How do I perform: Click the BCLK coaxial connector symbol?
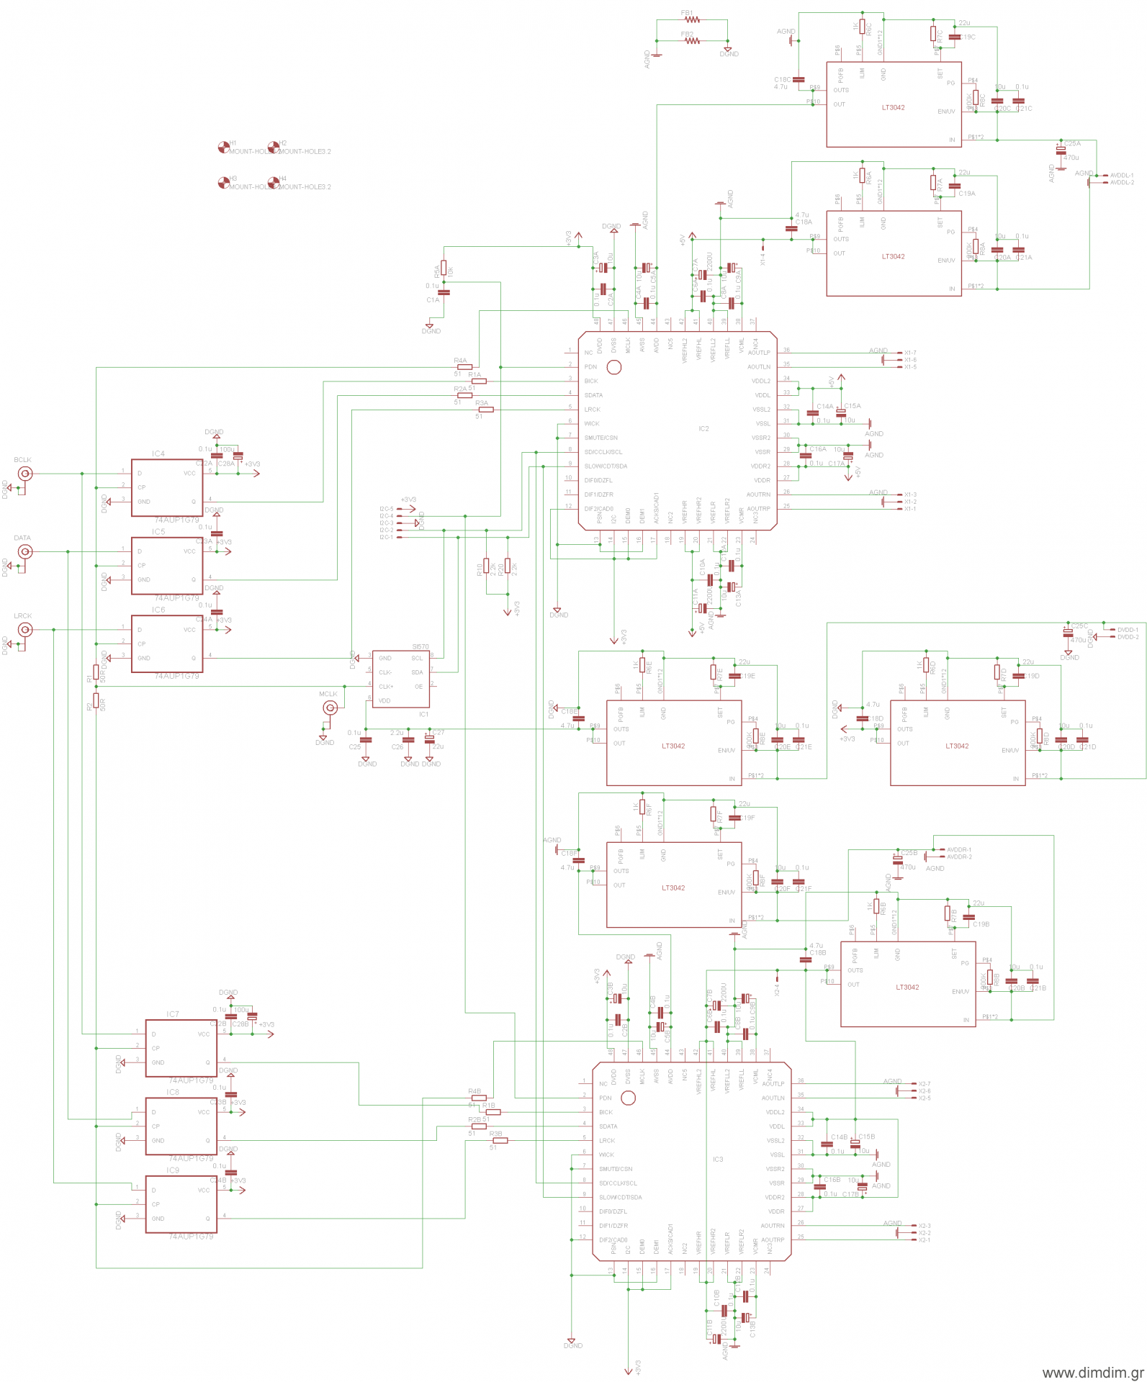pyautogui.click(x=24, y=474)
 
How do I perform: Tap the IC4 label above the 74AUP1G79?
pyautogui.click(x=158, y=453)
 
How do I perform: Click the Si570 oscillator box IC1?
pyautogui.click(x=401, y=679)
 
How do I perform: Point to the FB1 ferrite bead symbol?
pyautogui.click(x=692, y=20)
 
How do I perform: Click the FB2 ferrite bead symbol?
pyautogui.click(x=692, y=41)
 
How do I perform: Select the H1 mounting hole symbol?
pyautogui.click(x=224, y=148)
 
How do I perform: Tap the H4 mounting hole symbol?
pyautogui.click(x=273, y=183)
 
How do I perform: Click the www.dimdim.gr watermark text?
pyautogui.click(x=1092, y=1373)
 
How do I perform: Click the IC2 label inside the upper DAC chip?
pyautogui.click(x=703, y=429)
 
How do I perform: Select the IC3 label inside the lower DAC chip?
pyautogui.click(x=718, y=1160)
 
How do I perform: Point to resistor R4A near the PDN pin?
pyautogui.click(x=464, y=367)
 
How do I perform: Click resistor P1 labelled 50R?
pyautogui.click(x=96, y=673)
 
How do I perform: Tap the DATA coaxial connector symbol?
pyautogui.click(x=24, y=552)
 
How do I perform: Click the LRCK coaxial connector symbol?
pyautogui.click(x=24, y=630)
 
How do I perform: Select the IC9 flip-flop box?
pyautogui.click(x=181, y=1204)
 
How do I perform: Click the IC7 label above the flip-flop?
pyautogui.click(x=173, y=1014)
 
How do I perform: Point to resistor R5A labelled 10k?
pyautogui.click(x=444, y=268)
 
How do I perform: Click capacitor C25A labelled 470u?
pyautogui.click(x=1061, y=148)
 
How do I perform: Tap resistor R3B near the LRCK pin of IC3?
pyautogui.click(x=500, y=1140)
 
